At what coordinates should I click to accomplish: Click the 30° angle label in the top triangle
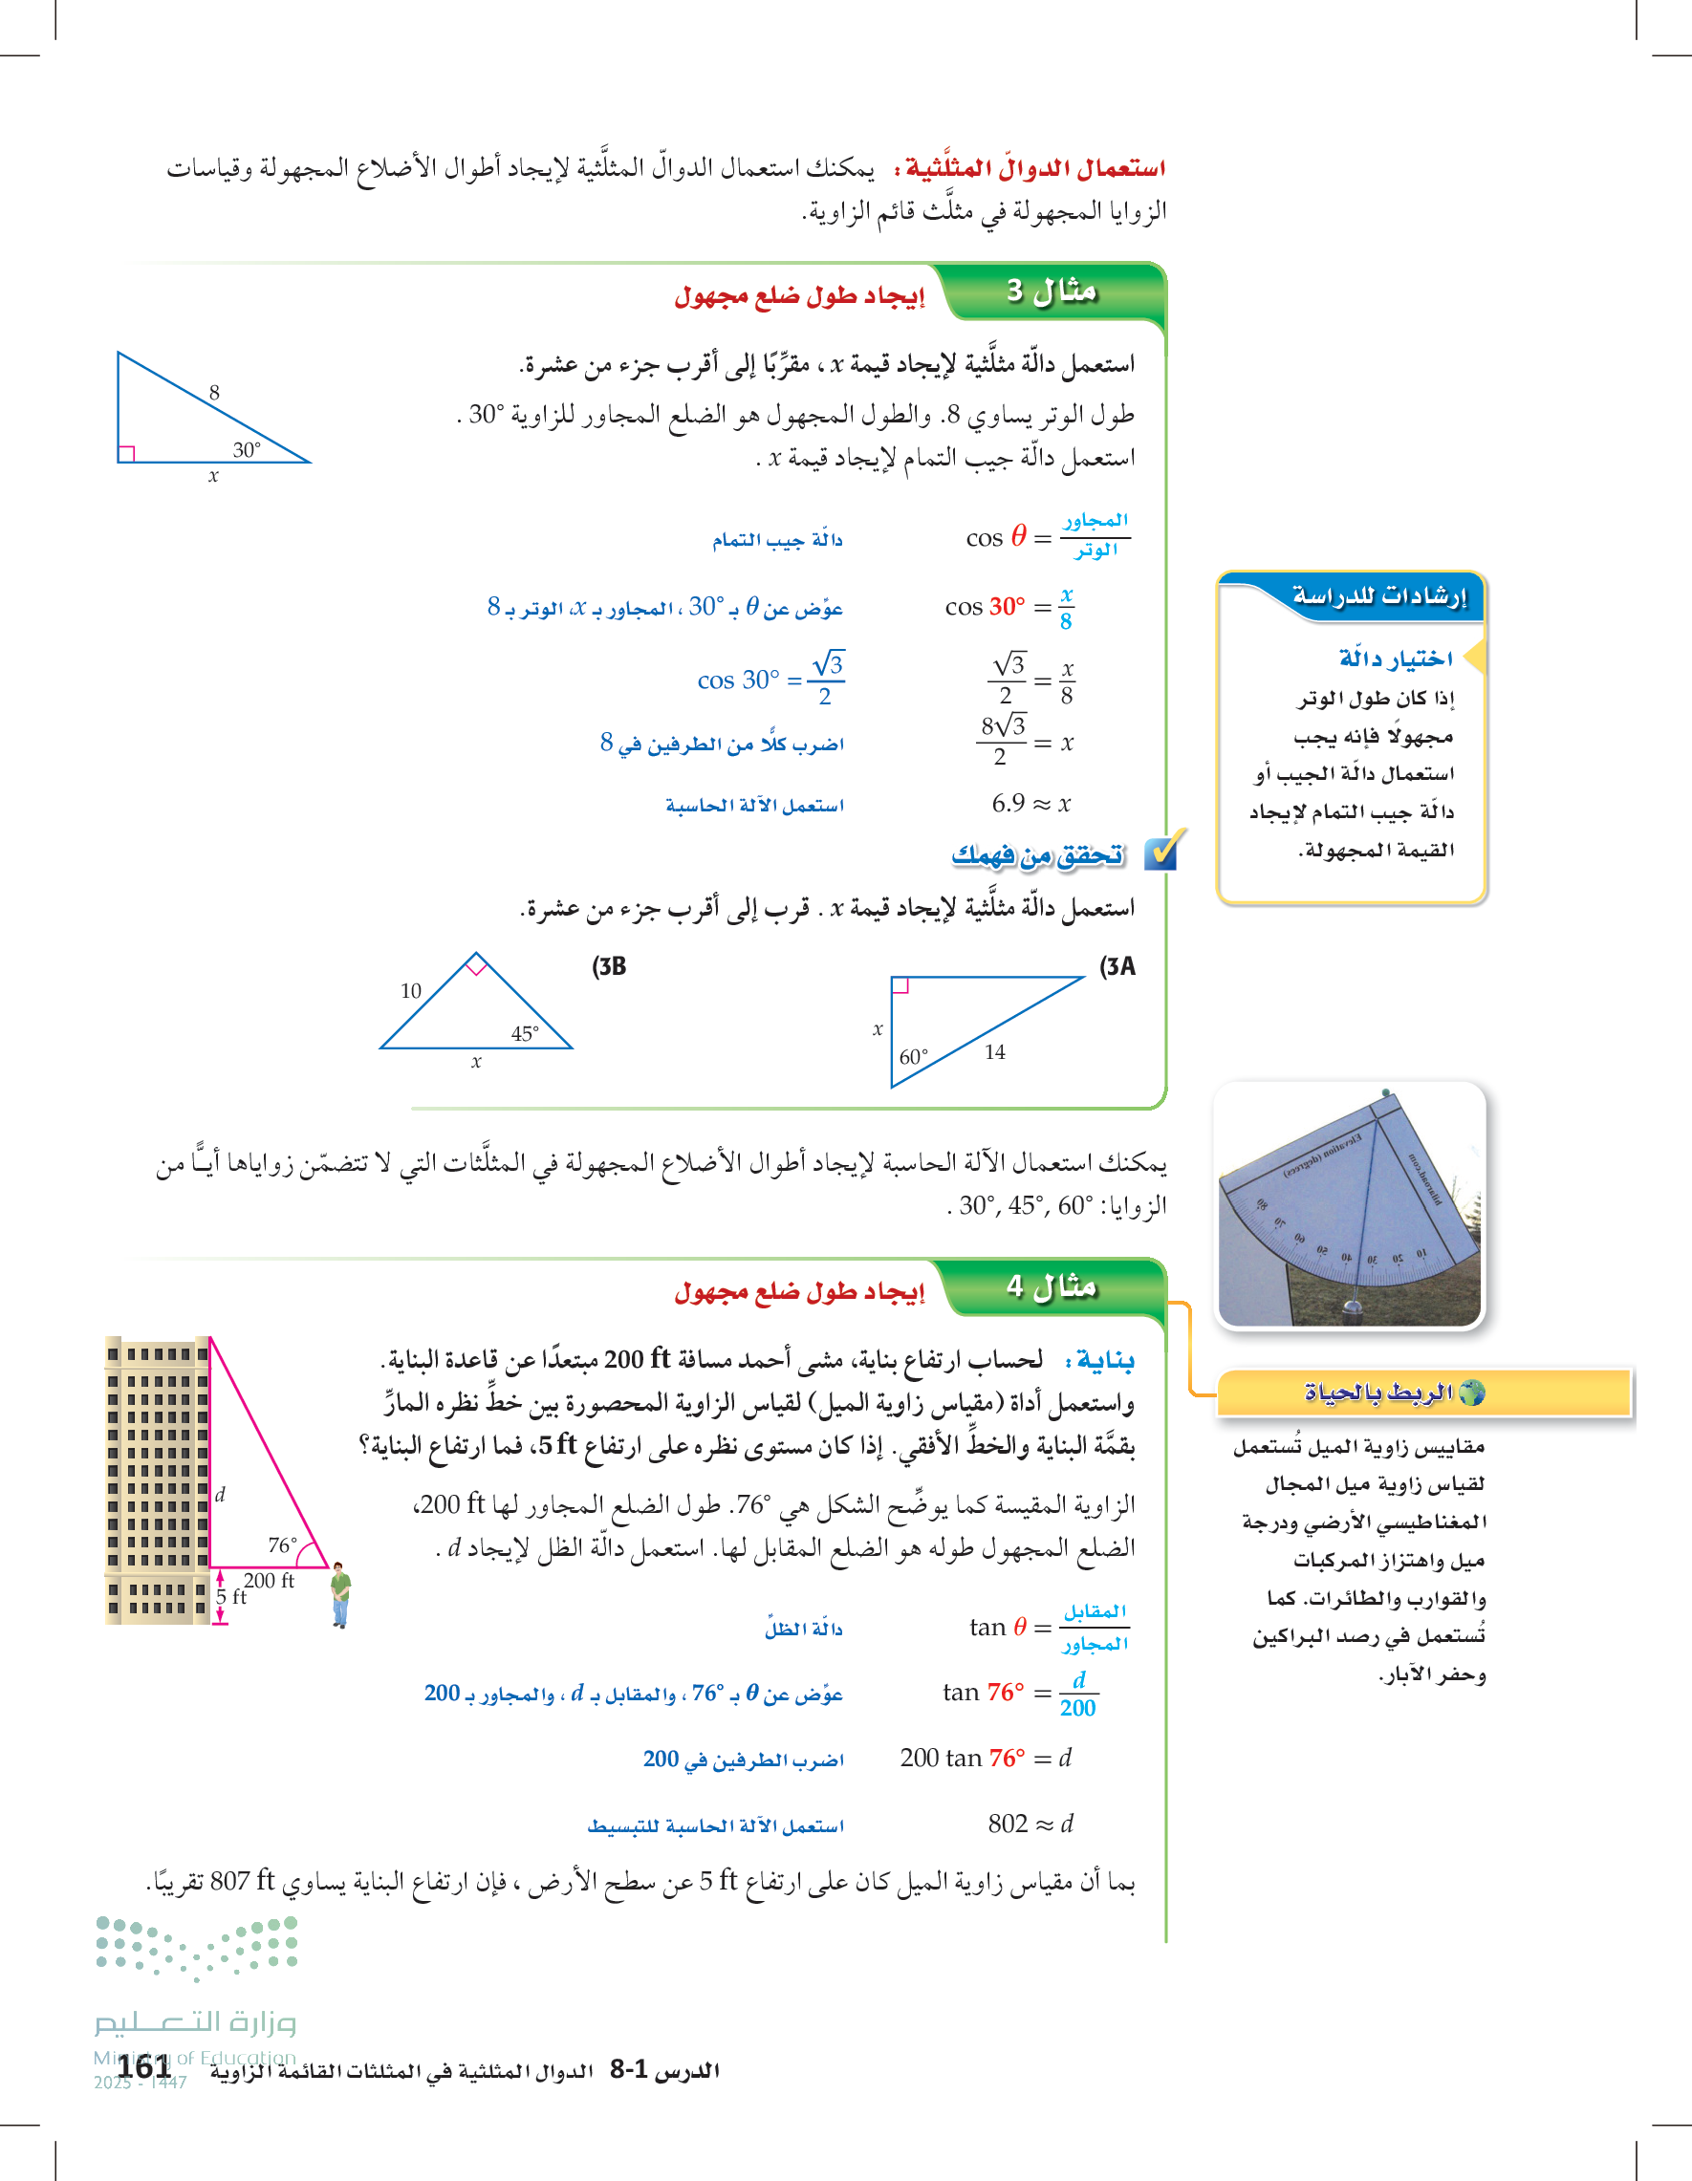[x=247, y=450]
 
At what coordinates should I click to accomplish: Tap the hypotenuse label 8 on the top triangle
[x=214, y=393]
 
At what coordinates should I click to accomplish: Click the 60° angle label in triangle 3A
[x=913, y=1056]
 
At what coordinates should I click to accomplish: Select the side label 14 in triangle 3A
[x=995, y=1051]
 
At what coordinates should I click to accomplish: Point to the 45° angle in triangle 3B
[x=525, y=1033]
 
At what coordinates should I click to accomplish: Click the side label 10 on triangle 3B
[x=411, y=991]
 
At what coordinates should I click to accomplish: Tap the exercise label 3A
[x=1117, y=966]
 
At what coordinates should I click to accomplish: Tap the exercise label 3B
[x=609, y=966]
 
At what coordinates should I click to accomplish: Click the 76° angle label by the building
[x=283, y=1544]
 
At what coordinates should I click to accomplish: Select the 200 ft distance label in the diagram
[x=269, y=1581]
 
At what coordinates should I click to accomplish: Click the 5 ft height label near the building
[x=231, y=1597]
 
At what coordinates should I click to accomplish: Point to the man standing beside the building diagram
[x=340, y=1594]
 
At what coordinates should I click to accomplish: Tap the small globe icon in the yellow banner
[x=1471, y=1393]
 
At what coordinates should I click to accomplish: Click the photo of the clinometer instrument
[x=1351, y=1204]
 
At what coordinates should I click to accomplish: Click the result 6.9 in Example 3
[x=1008, y=803]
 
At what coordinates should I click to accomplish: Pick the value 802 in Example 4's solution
[x=1008, y=1824]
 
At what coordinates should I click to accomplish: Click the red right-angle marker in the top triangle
[x=126, y=454]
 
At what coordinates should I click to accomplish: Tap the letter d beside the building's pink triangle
[x=220, y=1494]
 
